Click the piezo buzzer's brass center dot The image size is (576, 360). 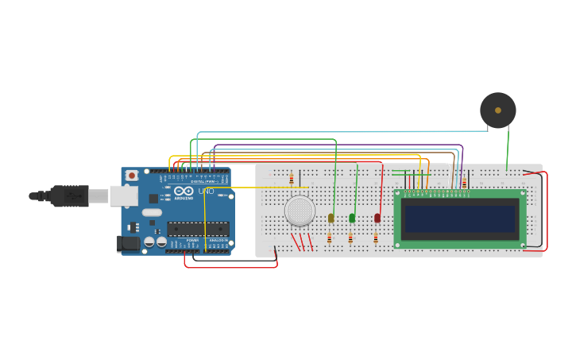(498, 110)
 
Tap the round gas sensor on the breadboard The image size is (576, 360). (300, 211)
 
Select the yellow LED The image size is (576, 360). (331, 218)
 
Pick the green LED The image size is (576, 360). (352, 218)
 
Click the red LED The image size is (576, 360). (377, 218)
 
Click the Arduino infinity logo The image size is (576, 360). (184, 192)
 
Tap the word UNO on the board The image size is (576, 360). (206, 192)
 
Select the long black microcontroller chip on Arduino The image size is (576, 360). (198, 229)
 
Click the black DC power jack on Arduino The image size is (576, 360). (128, 244)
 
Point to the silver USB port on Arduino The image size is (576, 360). (123, 195)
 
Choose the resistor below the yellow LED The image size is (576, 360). (329, 238)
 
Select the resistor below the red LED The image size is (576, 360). (376, 238)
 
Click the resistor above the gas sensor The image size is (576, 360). (292, 179)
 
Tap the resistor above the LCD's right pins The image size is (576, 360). (464, 184)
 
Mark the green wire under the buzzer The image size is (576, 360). (508, 151)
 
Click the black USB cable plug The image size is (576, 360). (70, 195)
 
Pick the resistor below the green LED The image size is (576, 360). (350, 238)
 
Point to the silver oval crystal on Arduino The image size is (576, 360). (152, 213)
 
